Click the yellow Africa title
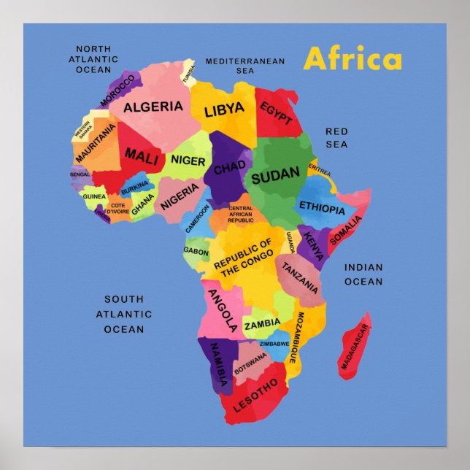[352, 59]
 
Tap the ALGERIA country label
[153, 107]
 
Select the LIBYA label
[224, 111]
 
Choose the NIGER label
[188, 160]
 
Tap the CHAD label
[229, 169]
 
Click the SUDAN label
[275, 174]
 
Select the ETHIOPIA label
[322, 209]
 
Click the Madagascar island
[355, 346]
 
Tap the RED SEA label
[336, 138]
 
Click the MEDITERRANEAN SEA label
[244, 66]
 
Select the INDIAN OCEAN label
[363, 274]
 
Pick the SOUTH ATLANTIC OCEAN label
[124, 314]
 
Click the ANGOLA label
[223, 310]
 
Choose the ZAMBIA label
[262, 323]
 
